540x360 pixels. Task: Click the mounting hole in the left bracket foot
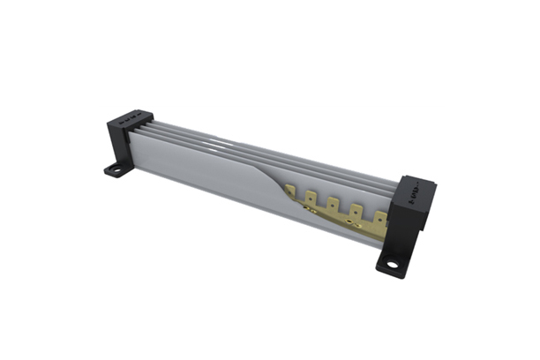[x=113, y=169]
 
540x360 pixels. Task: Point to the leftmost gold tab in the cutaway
[x=311, y=196]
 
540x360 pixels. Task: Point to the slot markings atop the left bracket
[x=132, y=116]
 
